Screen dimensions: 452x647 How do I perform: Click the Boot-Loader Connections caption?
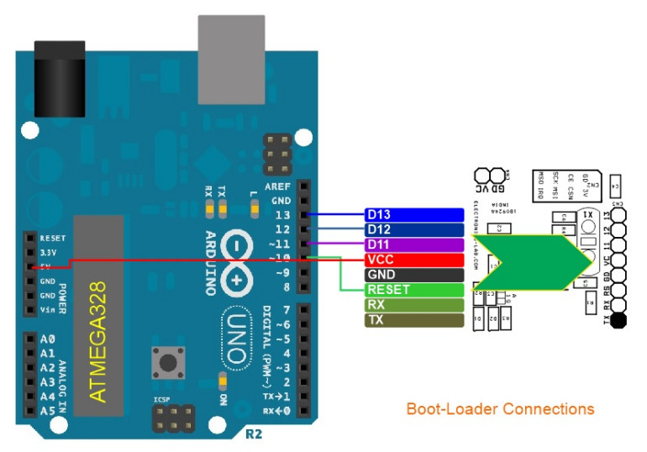500,409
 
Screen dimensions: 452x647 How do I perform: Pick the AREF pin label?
278,187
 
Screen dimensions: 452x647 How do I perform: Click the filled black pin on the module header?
618,320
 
